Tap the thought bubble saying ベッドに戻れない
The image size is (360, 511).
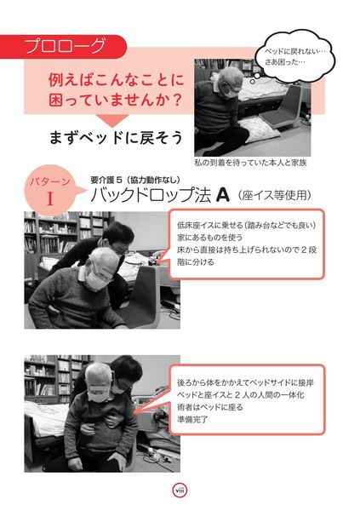pos(294,56)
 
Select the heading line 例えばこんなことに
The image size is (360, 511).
pos(117,80)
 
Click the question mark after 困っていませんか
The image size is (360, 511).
pos(177,99)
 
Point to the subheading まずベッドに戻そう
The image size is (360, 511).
pos(116,137)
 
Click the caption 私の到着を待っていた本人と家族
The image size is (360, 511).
pos(250,163)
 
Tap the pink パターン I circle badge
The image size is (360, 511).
pos(50,191)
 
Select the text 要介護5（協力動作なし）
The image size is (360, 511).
pos(135,180)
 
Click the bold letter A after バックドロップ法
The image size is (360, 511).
pos(222,196)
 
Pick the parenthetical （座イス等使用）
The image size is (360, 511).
pos(274,195)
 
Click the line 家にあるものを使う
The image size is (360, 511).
pos(210,238)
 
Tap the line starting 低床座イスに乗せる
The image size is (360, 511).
pos(247,225)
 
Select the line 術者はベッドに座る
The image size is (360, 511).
pos(210,407)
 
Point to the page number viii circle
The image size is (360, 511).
pos(180,490)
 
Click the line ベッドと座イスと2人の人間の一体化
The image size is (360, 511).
pos(241,394)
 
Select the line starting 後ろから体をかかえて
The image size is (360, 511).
pos(245,382)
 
